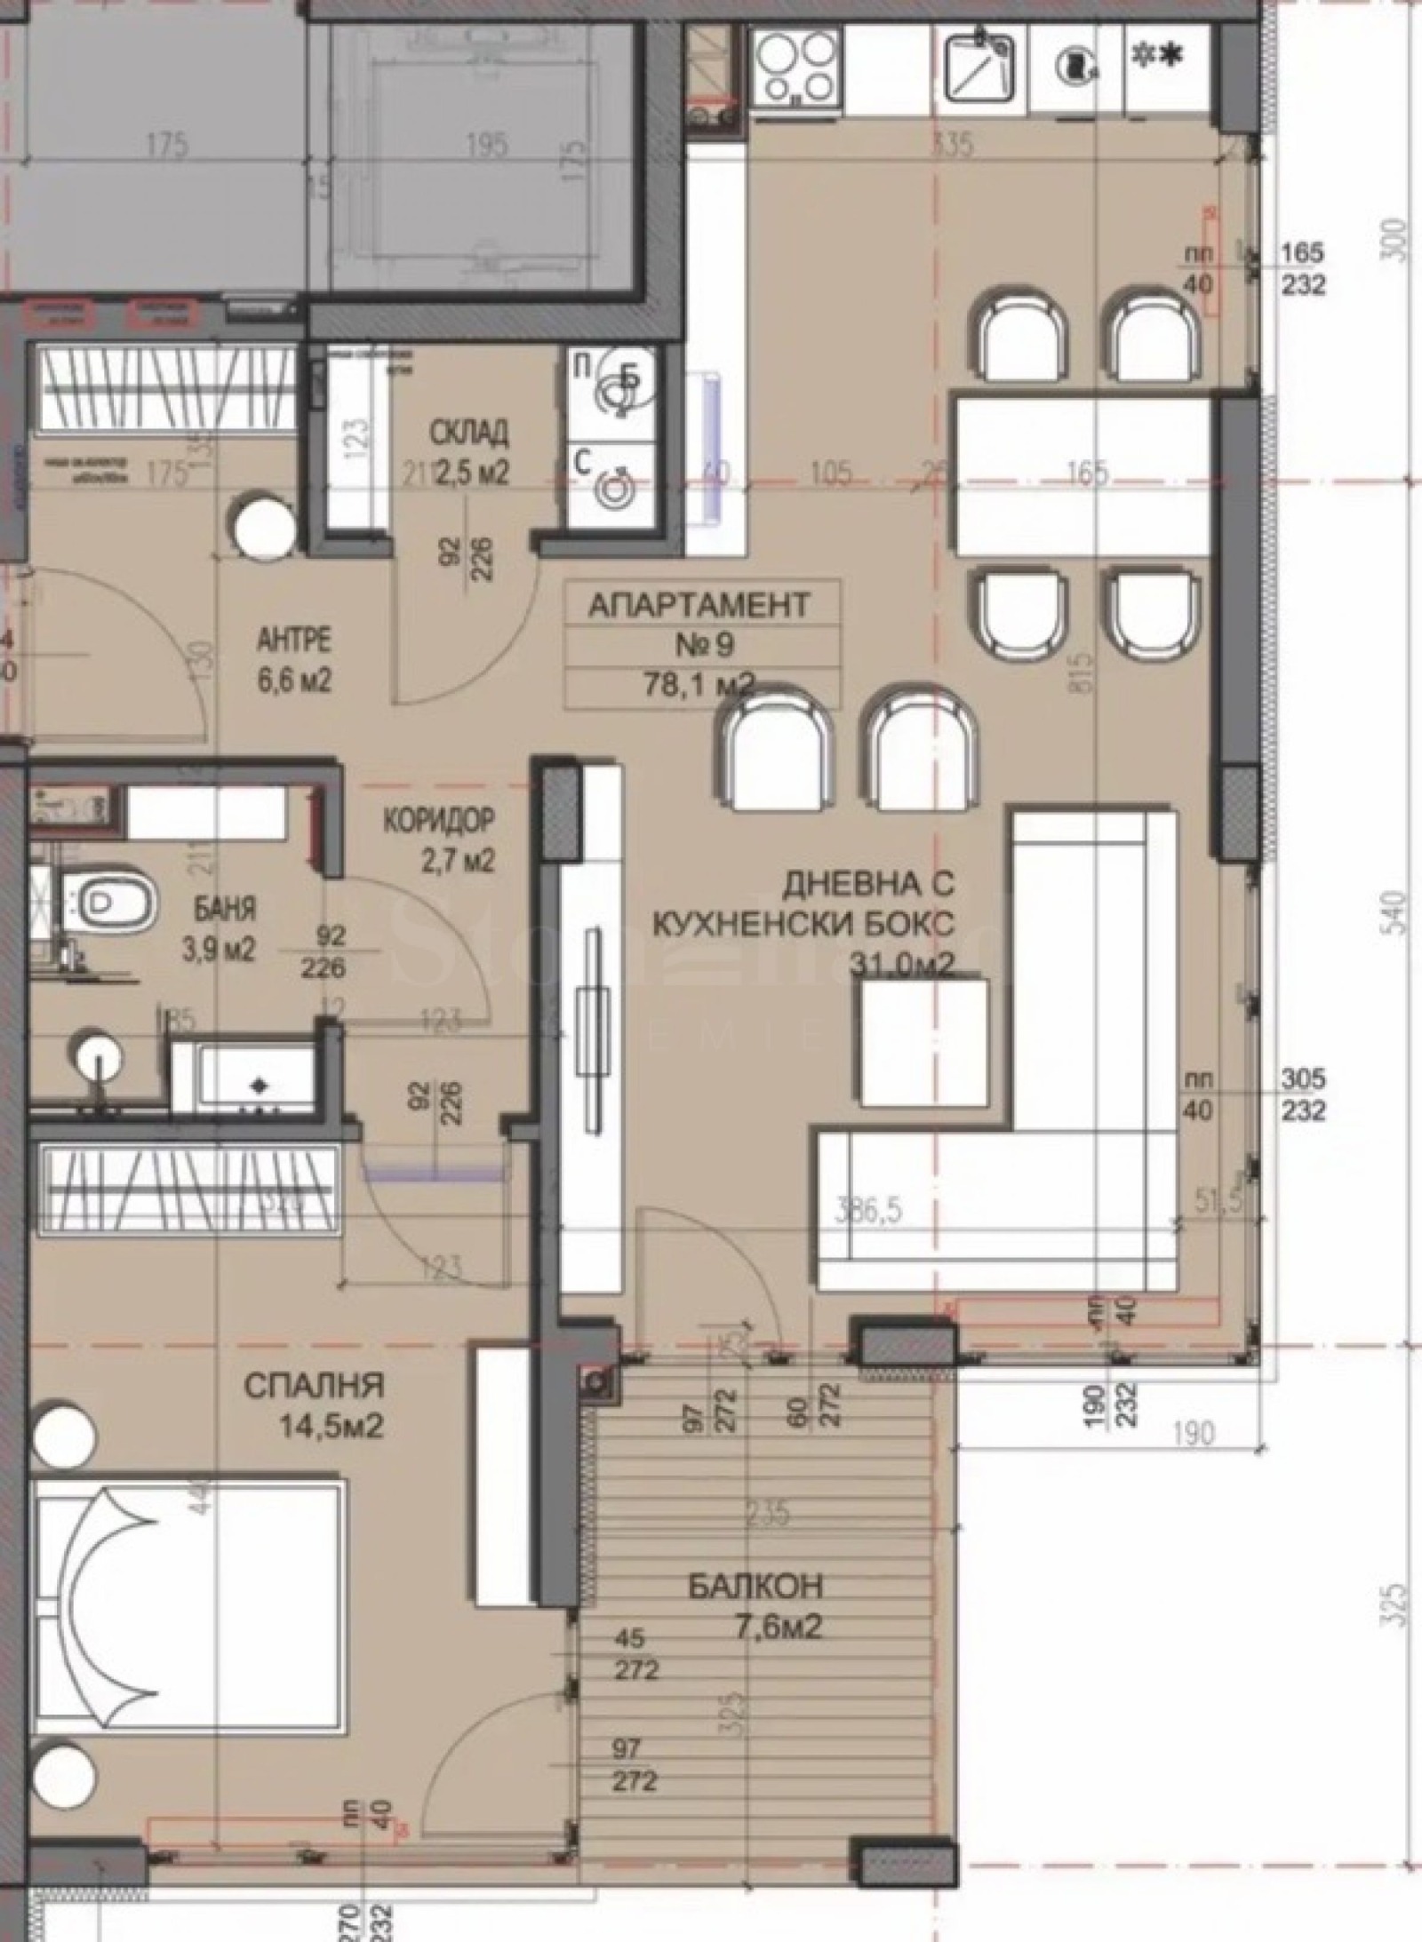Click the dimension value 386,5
tap(870, 1212)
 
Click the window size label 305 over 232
tap(1303, 1094)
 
